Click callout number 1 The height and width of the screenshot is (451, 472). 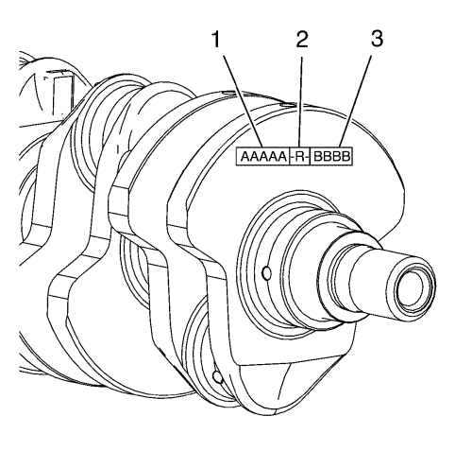[216, 40]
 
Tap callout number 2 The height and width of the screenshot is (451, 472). [302, 40]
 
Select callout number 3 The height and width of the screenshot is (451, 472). [377, 40]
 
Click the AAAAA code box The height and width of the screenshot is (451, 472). [262, 156]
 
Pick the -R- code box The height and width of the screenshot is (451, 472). [299, 156]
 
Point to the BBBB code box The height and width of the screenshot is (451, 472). [331, 156]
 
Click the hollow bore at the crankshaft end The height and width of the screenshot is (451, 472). [410, 287]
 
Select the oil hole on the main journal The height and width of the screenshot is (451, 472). [266, 273]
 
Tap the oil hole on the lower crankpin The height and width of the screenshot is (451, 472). [218, 377]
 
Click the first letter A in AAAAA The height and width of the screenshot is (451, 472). [245, 156]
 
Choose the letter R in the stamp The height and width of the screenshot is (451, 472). [300, 156]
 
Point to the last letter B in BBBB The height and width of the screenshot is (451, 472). [346, 156]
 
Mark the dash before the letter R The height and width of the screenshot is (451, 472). [293, 157]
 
